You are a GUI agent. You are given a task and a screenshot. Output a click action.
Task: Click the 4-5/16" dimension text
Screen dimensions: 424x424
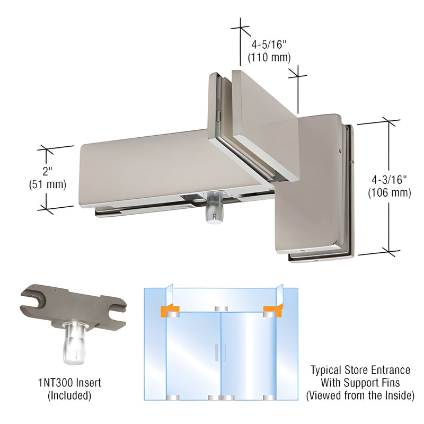click(271, 42)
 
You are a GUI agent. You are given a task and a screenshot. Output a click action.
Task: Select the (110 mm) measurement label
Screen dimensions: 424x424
click(271, 57)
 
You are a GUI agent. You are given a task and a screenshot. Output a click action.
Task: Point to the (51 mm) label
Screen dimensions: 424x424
click(47, 184)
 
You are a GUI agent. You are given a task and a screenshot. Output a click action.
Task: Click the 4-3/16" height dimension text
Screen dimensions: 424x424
click(388, 180)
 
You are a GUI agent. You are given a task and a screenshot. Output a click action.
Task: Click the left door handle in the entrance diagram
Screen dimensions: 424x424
click(216, 352)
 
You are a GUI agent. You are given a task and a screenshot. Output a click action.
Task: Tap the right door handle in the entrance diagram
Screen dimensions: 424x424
click(225, 352)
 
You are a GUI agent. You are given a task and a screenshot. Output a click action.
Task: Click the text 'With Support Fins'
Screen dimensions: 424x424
click(360, 382)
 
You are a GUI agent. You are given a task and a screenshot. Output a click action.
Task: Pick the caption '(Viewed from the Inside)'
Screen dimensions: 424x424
click(360, 395)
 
